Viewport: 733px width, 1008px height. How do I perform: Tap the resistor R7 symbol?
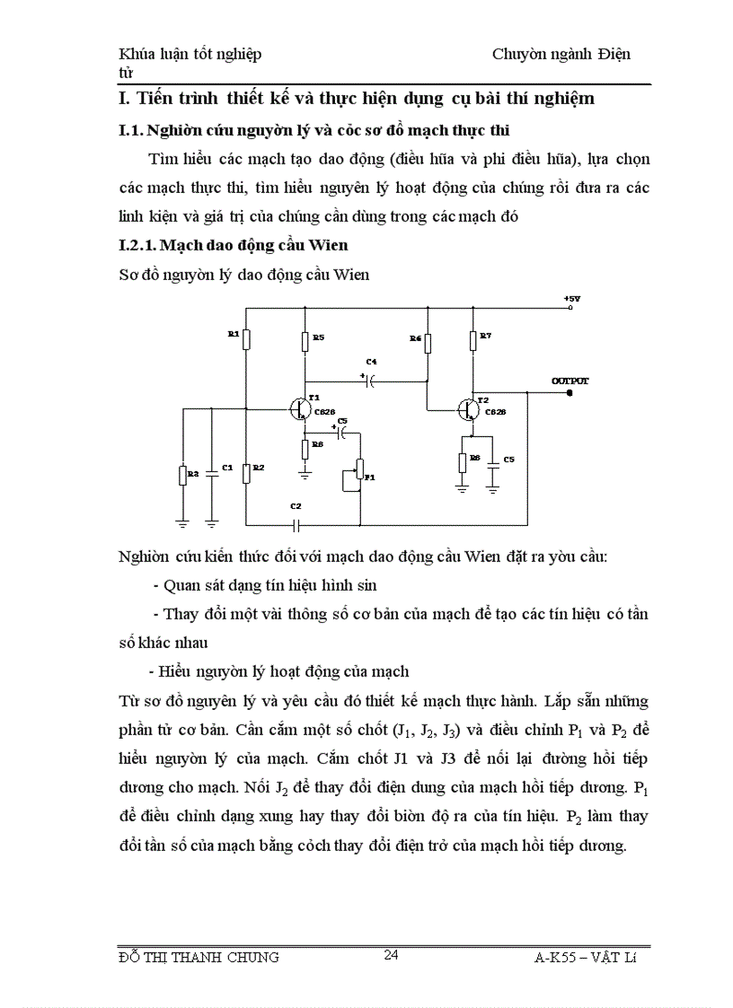click(x=472, y=339)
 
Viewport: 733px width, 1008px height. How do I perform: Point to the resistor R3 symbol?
click(x=183, y=475)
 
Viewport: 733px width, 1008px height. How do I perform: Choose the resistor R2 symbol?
click(x=246, y=471)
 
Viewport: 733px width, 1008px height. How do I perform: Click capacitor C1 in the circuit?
click(x=212, y=469)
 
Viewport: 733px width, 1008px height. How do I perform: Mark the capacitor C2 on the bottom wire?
click(x=296, y=524)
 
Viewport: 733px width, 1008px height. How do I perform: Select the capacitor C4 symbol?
click(x=368, y=380)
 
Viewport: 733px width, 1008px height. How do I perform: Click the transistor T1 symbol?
click(x=299, y=408)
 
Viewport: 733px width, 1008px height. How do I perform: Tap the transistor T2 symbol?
click(x=466, y=408)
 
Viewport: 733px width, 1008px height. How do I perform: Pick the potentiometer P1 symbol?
click(x=359, y=469)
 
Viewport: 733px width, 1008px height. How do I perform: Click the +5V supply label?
click(x=572, y=298)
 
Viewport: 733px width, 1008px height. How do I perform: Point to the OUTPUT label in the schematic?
click(x=570, y=381)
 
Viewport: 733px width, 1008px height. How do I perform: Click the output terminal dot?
click(x=570, y=392)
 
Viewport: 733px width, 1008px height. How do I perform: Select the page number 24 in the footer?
click(x=391, y=954)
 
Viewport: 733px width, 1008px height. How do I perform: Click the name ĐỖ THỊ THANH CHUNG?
click(x=199, y=956)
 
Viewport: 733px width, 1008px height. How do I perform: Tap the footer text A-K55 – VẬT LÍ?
click(x=584, y=957)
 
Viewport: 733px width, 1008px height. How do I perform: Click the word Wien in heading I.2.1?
click(x=329, y=244)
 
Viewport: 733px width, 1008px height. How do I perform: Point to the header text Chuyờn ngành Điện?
click(x=561, y=54)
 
